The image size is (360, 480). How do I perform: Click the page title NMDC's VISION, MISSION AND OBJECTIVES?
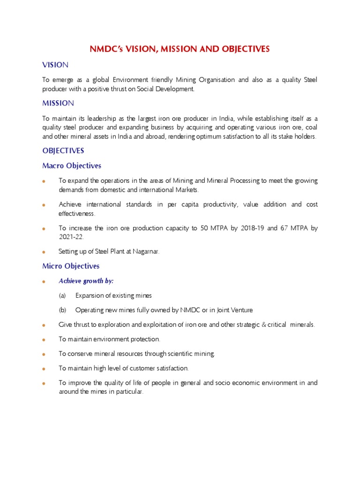tap(180, 49)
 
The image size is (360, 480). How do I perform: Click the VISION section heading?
tap(55, 64)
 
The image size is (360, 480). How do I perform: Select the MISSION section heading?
tap(58, 103)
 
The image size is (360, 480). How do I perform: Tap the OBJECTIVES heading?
tap(63, 150)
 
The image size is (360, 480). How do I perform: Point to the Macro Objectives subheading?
tap(72, 165)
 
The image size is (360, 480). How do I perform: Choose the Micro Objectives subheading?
tap(71, 266)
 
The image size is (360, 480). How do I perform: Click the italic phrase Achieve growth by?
tap(86, 281)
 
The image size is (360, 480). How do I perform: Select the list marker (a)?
tap(62, 296)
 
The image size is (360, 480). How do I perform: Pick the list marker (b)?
tap(63, 310)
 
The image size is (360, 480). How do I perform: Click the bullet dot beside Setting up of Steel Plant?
tap(44, 252)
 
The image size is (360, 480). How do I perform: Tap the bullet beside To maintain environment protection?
tap(44, 339)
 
